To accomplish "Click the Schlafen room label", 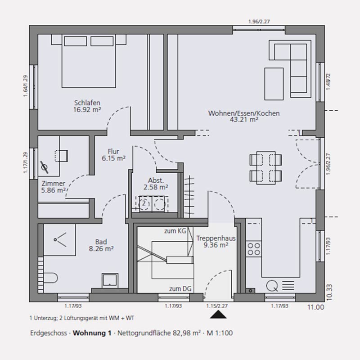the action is point(87,103).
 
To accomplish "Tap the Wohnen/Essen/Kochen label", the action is point(244,113).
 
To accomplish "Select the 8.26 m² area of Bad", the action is point(101,248).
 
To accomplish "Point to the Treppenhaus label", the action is point(216,238).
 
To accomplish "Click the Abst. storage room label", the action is point(156,180).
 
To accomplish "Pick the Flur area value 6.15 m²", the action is point(114,158).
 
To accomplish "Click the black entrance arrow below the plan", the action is point(218,314).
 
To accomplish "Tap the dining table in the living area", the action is point(266,168).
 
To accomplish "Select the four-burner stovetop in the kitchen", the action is point(254,249).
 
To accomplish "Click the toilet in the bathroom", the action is point(51,278).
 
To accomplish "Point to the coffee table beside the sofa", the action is point(274,84).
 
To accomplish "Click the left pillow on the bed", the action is point(75,41).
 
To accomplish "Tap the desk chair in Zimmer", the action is point(61,156).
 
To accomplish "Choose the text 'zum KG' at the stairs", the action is point(175,231).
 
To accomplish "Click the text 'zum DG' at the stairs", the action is point(180,289).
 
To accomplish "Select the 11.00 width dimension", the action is point(316,307).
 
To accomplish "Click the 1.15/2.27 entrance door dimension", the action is point(217,306).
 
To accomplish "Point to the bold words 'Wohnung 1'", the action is point(92,333).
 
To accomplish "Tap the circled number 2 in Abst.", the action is point(144,203).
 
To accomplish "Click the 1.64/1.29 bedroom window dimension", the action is point(26,86).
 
